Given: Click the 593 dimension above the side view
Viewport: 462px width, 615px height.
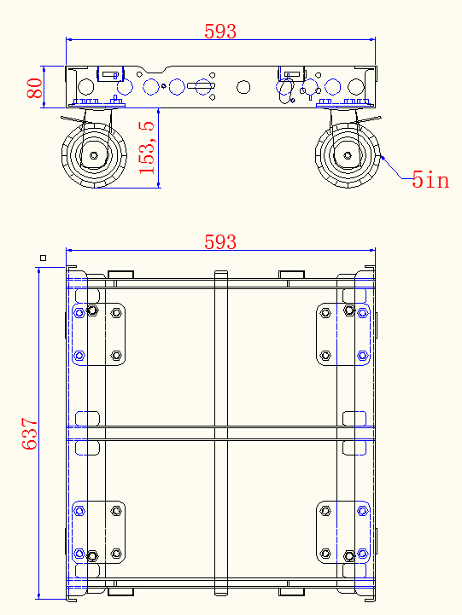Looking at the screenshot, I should coord(220,32).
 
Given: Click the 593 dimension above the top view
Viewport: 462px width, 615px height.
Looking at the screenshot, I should coord(220,242).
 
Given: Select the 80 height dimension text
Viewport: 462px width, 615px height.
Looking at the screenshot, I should coord(35,89).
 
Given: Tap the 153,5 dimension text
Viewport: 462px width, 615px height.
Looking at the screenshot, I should coord(147,148).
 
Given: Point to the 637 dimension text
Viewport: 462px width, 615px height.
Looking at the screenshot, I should coord(31,434).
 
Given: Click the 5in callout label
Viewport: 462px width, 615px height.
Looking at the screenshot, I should coord(430,180).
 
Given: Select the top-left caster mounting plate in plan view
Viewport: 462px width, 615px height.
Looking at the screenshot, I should coord(98,334).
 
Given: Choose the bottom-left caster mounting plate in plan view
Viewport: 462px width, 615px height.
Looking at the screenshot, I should coord(98,533).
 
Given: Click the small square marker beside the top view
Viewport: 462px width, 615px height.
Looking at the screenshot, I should coord(44,258).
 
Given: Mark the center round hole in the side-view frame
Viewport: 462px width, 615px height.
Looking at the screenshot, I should coord(243,86).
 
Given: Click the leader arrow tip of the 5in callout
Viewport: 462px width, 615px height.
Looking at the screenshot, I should coord(381,156).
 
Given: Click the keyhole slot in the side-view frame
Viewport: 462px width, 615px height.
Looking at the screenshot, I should coord(202,86).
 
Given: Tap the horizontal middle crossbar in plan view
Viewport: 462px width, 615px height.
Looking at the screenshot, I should coord(220,433).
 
